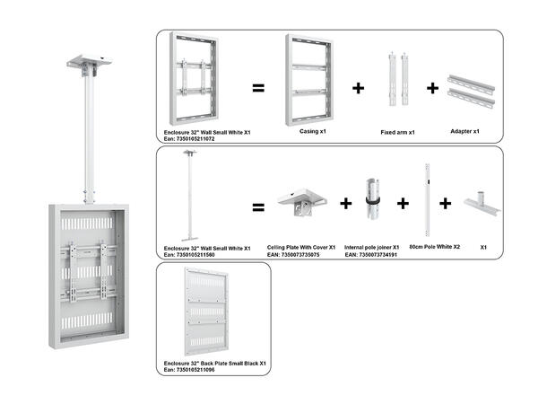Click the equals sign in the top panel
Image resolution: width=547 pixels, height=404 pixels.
click(x=257, y=88)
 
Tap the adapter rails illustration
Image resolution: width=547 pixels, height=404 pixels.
click(x=469, y=88)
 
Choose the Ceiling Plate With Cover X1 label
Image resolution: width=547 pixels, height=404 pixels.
click(x=301, y=246)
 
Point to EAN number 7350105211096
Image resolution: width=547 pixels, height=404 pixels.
click(x=190, y=369)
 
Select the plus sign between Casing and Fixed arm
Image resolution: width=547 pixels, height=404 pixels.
click(x=359, y=88)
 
